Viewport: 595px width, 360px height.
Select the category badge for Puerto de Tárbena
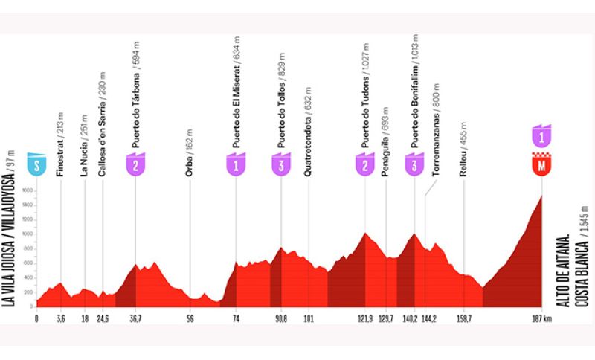tap(135, 165)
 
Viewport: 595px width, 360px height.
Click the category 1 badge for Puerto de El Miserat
tap(236, 165)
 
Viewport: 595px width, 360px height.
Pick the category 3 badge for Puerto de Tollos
tap(280, 165)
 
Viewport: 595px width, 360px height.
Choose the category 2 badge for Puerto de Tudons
tap(365, 165)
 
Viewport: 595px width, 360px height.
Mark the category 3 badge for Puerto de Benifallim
tap(414, 165)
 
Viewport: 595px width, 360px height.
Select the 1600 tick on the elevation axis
tap(28, 190)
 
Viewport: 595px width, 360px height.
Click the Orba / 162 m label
tap(191, 150)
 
